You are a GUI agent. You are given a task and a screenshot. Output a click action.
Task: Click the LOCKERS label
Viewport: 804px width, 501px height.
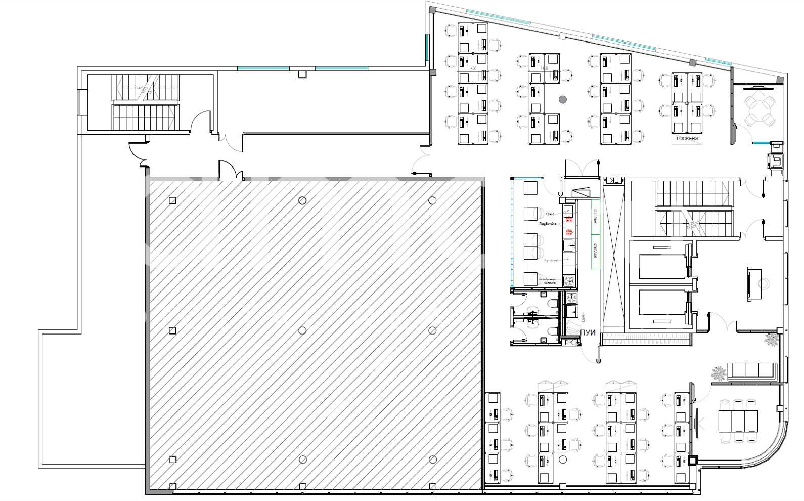(x=687, y=138)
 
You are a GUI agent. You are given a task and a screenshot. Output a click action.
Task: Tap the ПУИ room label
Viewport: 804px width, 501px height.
(x=588, y=333)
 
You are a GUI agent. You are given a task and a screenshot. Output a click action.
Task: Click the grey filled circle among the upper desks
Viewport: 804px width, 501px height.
(x=563, y=100)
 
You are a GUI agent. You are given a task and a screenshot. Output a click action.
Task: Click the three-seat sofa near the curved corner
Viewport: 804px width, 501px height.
(x=751, y=370)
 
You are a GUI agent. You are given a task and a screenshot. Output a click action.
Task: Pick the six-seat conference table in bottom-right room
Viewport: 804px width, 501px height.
(x=738, y=421)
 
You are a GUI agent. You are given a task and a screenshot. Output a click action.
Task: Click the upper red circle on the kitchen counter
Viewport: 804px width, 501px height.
(x=569, y=220)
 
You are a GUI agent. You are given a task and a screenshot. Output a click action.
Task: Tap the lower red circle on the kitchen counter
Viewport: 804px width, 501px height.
(x=569, y=232)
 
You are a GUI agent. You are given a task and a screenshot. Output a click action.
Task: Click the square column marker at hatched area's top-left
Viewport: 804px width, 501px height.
(x=172, y=200)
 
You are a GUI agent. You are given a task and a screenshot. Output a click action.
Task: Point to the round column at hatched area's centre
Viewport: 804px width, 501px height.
(x=302, y=330)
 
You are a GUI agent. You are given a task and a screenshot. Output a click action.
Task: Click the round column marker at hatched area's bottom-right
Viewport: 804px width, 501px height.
(x=432, y=460)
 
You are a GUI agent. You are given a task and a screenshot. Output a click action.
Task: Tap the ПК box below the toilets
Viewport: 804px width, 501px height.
(x=569, y=342)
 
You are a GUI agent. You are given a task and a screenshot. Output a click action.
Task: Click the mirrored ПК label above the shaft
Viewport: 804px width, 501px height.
(x=614, y=181)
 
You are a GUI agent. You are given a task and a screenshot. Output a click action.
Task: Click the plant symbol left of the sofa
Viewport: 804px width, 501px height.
(x=719, y=374)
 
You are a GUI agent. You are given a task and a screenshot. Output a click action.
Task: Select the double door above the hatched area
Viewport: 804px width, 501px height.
(x=231, y=171)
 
